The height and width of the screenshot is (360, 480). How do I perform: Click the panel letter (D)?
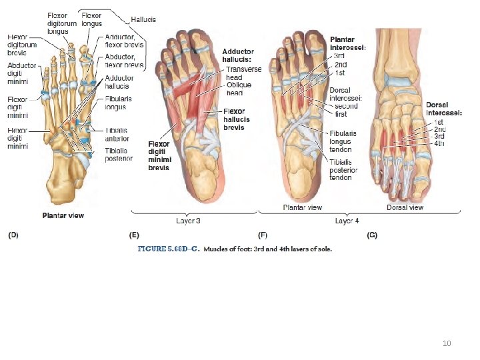click(x=13, y=235)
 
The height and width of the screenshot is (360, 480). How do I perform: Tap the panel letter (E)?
click(x=135, y=235)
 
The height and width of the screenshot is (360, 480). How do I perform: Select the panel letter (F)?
click(x=263, y=235)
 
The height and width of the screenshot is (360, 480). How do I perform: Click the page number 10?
click(x=447, y=343)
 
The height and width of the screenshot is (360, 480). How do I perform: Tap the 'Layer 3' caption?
click(x=188, y=219)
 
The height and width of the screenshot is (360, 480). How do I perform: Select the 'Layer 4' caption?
click(x=347, y=219)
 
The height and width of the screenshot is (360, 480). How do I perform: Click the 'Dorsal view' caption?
click(x=405, y=207)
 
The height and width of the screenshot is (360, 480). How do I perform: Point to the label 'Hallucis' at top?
click(x=143, y=20)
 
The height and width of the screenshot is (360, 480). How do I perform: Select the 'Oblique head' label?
click(x=239, y=89)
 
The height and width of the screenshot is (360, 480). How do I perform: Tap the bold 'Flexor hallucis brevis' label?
click(x=239, y=119)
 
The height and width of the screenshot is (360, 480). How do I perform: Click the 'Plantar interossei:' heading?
click(x=348, y=43)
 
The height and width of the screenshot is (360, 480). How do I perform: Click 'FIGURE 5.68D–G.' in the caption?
click(x=169, y=249)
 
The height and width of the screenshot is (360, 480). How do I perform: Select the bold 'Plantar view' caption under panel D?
click(x=63, y=215)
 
